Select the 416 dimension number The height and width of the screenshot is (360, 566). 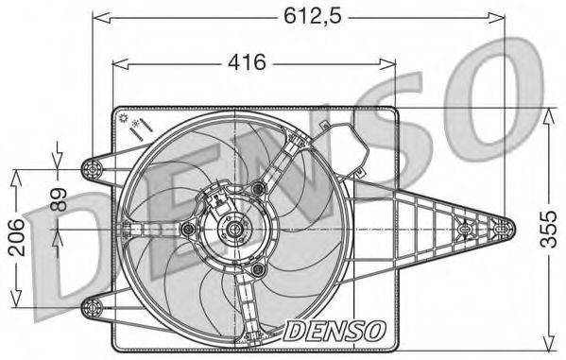245,63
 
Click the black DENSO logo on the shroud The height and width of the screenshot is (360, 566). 334,330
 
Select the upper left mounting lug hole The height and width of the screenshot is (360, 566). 92,169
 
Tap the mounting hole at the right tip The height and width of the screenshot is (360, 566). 502,229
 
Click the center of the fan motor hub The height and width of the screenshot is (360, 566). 232,229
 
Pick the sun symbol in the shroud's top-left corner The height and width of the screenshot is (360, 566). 125,118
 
